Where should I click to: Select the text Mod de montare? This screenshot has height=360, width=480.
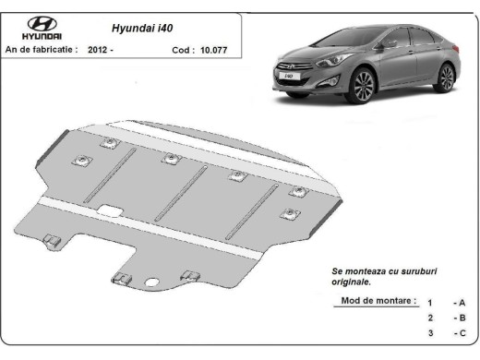pos(378,302)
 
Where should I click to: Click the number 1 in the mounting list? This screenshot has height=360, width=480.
pos(430,303)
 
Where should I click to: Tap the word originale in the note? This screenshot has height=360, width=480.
pos(353,281)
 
